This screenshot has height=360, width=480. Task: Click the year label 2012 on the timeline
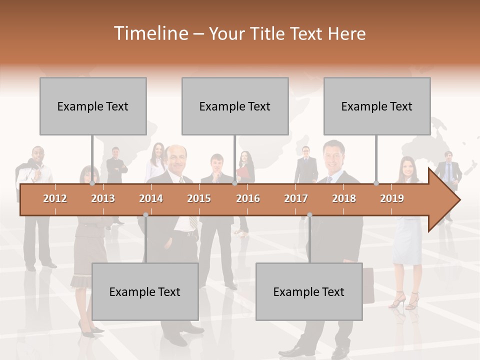[55, 198]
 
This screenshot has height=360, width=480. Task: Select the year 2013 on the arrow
[103, 198]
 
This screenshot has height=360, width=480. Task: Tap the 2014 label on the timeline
[151, 198]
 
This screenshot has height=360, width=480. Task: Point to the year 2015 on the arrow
[199, 198]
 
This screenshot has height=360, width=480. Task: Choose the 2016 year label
[248, 198]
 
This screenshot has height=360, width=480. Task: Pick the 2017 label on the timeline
[296, 198]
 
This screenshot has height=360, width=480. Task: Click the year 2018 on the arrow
[344, 198]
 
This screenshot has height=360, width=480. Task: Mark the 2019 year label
[392, 198]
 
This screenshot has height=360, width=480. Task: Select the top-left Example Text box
[93, 106]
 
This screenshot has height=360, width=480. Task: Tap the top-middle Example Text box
[235, 106]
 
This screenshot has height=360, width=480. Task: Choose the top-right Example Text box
[377, 106]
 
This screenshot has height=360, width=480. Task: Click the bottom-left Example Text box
[145, 291]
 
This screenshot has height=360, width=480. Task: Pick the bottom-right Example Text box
[309, 291]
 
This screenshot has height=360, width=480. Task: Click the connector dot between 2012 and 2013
[92, 183]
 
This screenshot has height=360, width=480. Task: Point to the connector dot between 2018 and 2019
[376, 183]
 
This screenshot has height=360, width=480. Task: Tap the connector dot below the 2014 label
[145, 215]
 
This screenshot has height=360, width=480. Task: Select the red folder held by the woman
[243, 172]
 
